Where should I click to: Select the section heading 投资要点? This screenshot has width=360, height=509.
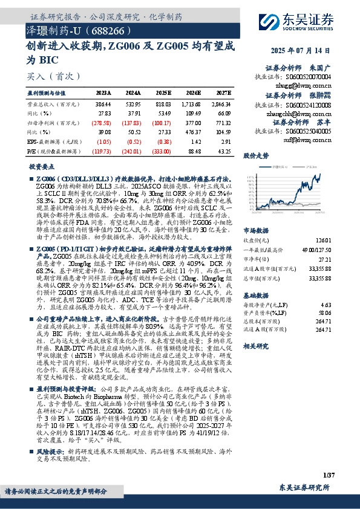click(x=42, y=166)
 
